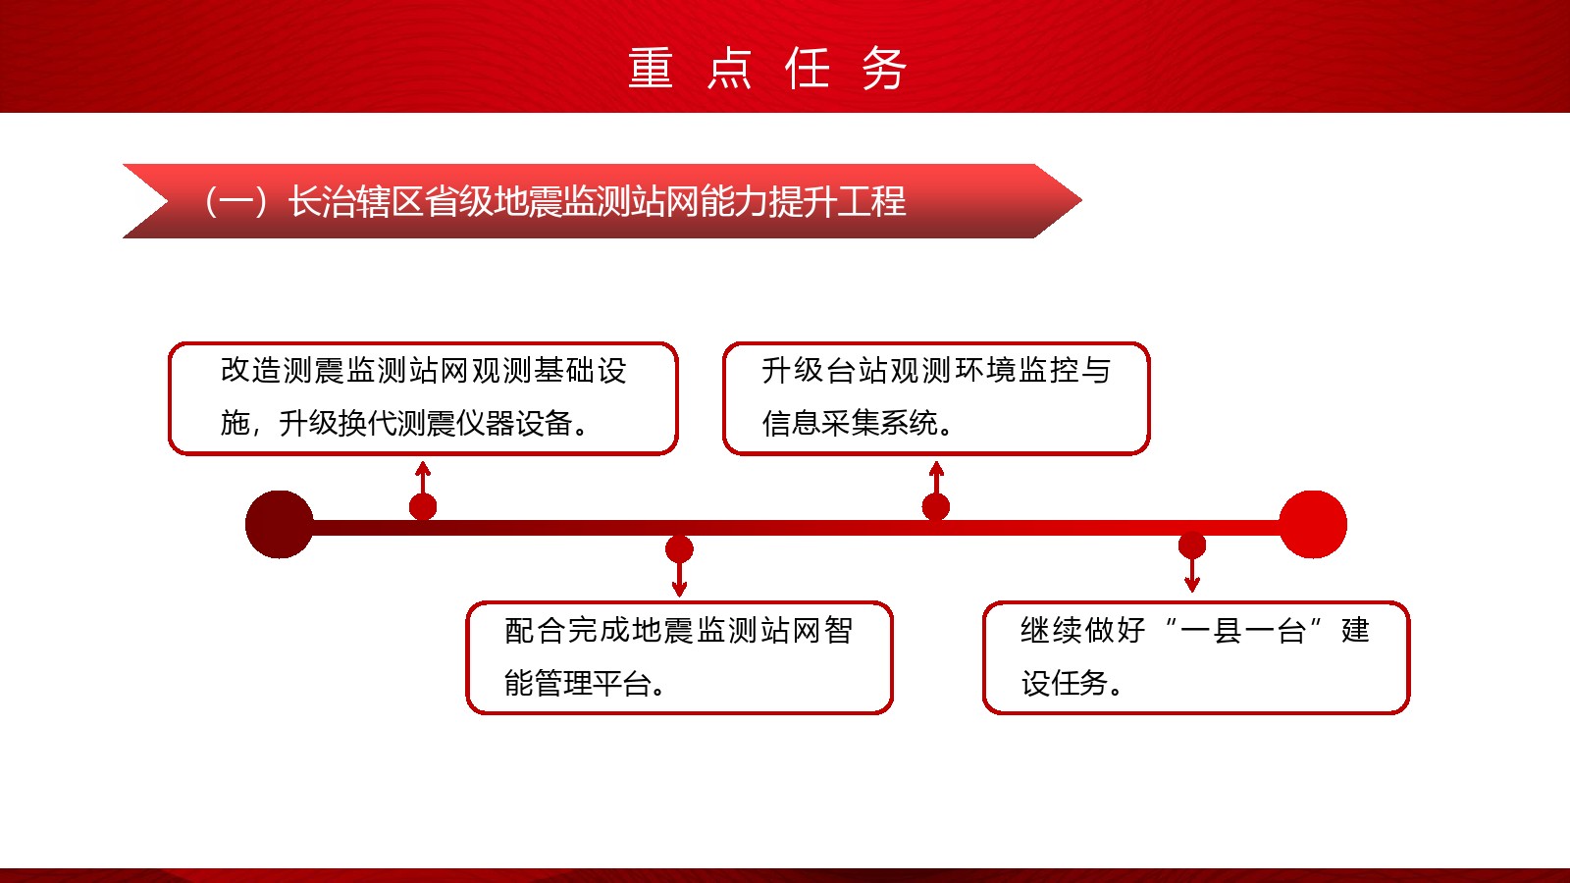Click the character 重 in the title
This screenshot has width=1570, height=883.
point(651,68)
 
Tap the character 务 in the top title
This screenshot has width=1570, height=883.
point(884,68)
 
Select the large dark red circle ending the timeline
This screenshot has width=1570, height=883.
point(279,524)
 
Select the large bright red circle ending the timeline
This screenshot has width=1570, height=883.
point(1313,524)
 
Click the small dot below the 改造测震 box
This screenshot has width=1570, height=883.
point(423,506)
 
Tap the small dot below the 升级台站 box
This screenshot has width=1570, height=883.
point(936,506)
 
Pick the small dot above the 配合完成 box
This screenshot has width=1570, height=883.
point(679,549)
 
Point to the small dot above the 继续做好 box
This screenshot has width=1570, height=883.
point(1192,545)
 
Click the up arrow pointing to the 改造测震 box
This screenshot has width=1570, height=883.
point(423,478)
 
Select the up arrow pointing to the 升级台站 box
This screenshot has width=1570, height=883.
point(936,478)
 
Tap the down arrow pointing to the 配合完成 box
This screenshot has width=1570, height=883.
point(679,579)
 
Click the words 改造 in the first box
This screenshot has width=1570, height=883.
point(251,370)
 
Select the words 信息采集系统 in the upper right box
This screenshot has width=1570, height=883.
point(850,423)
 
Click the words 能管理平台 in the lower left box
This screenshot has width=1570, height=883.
point(578,683)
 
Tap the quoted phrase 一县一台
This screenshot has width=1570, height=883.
point(1242,630)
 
